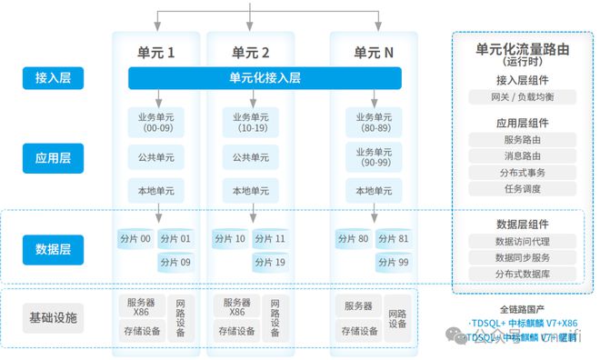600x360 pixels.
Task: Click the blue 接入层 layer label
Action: [54, 79]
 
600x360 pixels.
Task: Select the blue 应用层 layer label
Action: [54, 157]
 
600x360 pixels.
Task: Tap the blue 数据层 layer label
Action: [54, 248]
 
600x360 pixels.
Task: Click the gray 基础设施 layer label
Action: [54, 318]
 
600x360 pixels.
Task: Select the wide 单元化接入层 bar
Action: [265, 78]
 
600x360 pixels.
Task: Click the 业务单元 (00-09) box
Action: [156, 123]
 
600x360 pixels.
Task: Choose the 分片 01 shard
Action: [179, 239]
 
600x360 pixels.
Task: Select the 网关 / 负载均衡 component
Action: [521, 96]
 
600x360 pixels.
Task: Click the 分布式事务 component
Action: [521, 172]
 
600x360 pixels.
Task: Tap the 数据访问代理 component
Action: [521, 242]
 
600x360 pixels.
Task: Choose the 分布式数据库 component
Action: [521, 273]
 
